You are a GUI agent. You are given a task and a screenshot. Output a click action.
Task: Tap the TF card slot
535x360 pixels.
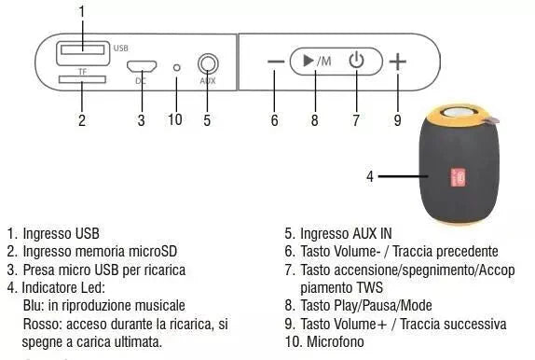point(81,81)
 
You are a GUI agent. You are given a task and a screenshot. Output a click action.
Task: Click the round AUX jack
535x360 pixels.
point(207,64)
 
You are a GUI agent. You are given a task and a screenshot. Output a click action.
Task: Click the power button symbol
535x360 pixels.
point(355,62)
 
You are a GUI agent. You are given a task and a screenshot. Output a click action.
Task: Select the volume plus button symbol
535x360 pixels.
point(398,62)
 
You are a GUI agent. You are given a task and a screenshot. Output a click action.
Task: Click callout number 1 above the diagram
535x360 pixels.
point(82,11)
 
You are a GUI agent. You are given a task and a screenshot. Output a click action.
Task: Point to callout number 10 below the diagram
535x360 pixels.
point(175,119)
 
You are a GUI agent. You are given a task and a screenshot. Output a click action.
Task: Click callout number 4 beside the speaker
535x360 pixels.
point(370,175)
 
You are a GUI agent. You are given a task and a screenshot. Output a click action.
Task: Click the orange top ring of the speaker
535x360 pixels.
point(456,118)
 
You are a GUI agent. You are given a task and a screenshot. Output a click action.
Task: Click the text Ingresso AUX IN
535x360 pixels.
point(346,233)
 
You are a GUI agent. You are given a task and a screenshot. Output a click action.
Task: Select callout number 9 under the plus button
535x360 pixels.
point(398,119)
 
